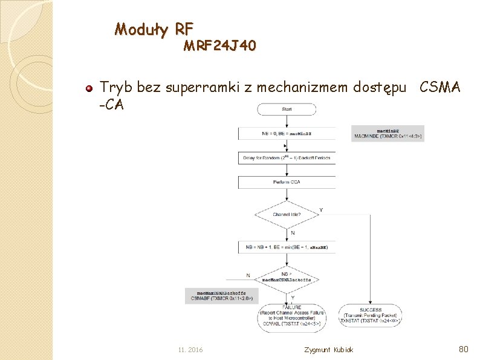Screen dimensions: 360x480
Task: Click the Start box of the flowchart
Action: [x=287, y=109]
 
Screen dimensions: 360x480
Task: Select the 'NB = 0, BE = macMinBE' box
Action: [x=287, y=133]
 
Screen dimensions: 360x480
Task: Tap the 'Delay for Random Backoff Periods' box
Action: [x=287, y=157]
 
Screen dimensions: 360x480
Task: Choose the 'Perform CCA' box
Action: [x=287, y=182]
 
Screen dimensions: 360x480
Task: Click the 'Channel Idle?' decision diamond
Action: [x=287, y=214]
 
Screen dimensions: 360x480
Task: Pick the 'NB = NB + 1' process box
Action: [x=287, y=247]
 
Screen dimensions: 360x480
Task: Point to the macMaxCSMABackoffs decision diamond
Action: [x=287, y=278]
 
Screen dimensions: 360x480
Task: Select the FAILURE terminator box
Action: [x=292, y=316]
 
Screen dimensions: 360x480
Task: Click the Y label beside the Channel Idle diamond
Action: [x=320, y=210]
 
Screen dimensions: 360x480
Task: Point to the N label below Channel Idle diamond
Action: [x=293, y=233]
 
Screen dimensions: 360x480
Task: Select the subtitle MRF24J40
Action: [x=219, y=46]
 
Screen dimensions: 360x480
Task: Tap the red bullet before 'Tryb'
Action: [x=89, y=89]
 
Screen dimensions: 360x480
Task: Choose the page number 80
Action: [x=464, y=349]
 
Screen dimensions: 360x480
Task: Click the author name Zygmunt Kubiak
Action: [x=329, y=350]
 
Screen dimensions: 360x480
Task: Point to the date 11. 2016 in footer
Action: [x=191, y=350]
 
